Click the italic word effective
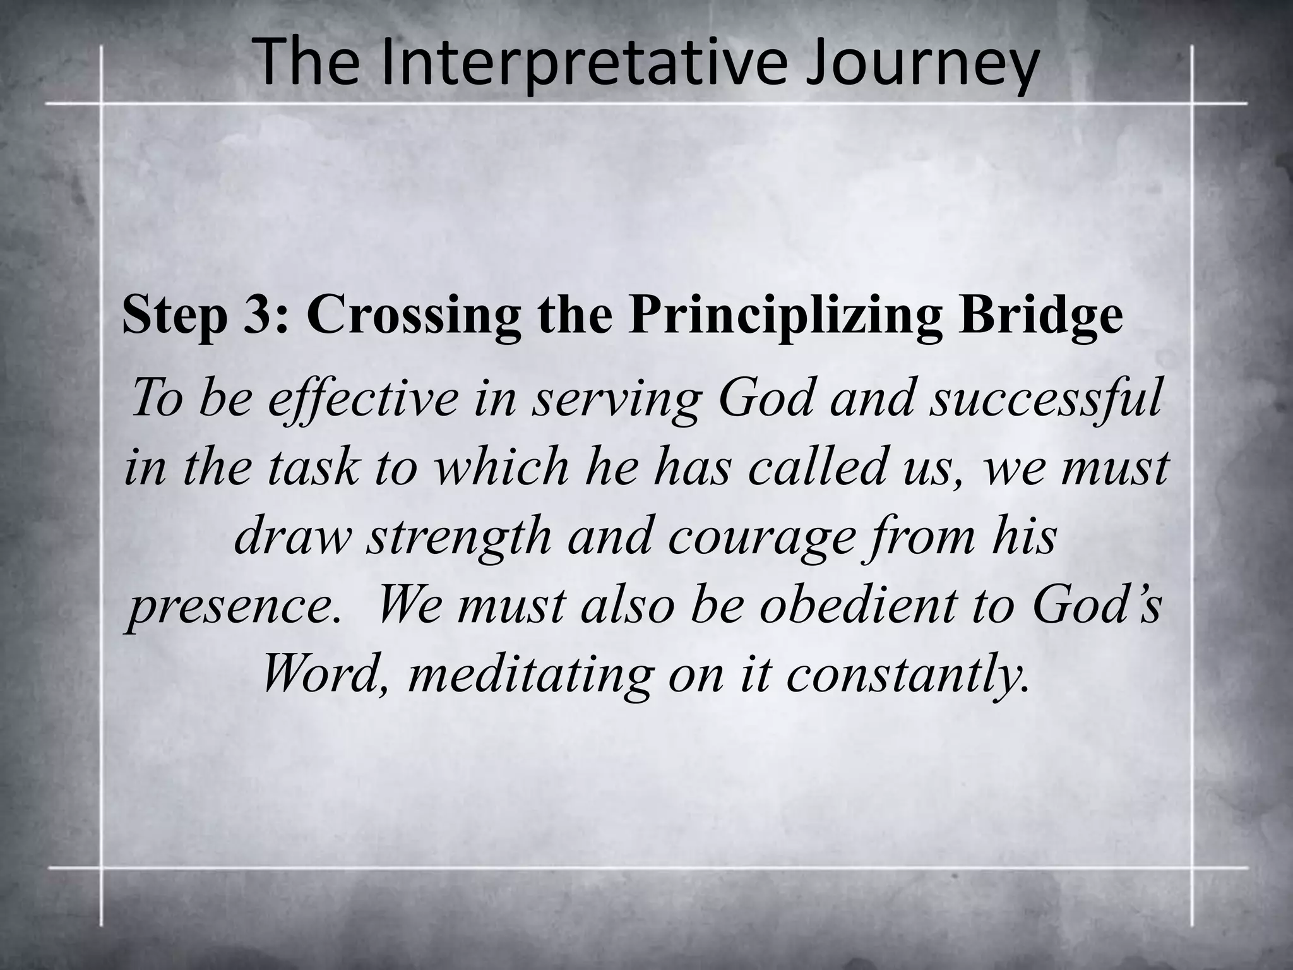click(x=362, y=399)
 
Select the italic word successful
click(x=1045, y=399)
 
